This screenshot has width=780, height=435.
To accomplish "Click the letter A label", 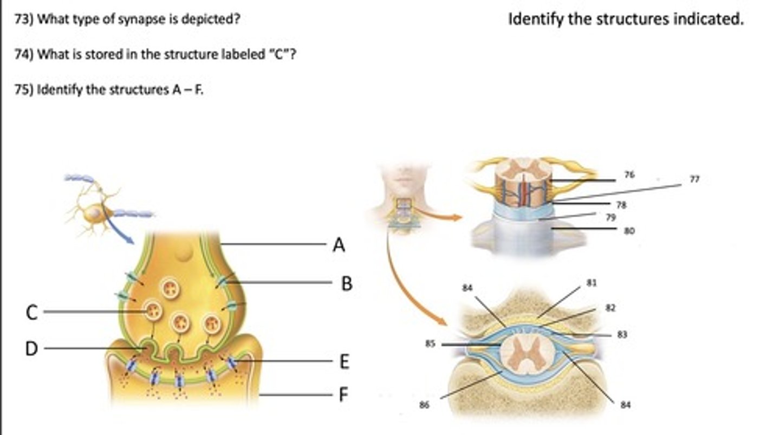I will pos(339,245).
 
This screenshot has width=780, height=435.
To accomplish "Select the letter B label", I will pos(347,283).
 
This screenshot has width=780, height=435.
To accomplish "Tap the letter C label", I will pos(32,313).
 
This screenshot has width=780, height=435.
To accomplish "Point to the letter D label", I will pos(32,349).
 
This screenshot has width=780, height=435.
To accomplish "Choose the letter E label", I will pos(344,361).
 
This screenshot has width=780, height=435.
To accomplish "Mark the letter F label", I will pos(342,395).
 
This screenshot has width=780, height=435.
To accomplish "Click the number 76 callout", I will pos(629,175).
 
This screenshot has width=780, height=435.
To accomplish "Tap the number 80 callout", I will pos(629,231).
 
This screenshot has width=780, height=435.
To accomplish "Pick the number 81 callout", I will pos(591,283).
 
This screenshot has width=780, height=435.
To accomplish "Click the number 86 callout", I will pos(424,405).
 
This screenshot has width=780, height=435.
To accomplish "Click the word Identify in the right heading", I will pos(534,20).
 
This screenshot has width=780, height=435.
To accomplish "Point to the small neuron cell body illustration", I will pos(95,213).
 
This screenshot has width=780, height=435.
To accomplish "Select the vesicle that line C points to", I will pos(154,311).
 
